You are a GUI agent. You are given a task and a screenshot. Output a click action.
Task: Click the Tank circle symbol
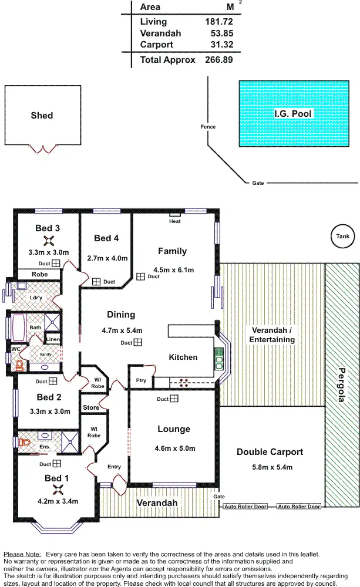[x=341, y=237]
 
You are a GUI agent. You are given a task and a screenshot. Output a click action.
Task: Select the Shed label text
[x=42, y=116]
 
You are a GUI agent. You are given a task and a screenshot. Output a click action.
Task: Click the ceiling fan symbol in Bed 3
[x=48, y=240]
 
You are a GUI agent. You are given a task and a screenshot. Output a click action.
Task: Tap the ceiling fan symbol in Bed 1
[x=57, y=489]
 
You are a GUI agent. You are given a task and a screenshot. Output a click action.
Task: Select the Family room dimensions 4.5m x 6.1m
[x=173, y=270]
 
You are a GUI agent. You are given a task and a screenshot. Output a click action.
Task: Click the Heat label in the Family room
[x=174, y=221]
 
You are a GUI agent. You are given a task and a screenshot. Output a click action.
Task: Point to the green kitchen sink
[x=219, y=357]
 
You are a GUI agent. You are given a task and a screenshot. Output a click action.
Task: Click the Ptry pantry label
[x=140, y=380]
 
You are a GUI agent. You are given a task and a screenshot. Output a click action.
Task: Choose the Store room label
[x=91, y=407]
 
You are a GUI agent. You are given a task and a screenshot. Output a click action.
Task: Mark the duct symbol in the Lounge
[x=174, y=399]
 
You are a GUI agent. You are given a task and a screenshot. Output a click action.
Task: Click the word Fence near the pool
[x=208, y=127]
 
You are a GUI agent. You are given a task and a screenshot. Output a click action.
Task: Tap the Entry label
[x=114, y=467]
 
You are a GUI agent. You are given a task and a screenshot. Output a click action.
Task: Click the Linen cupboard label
[x=53, y=340]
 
